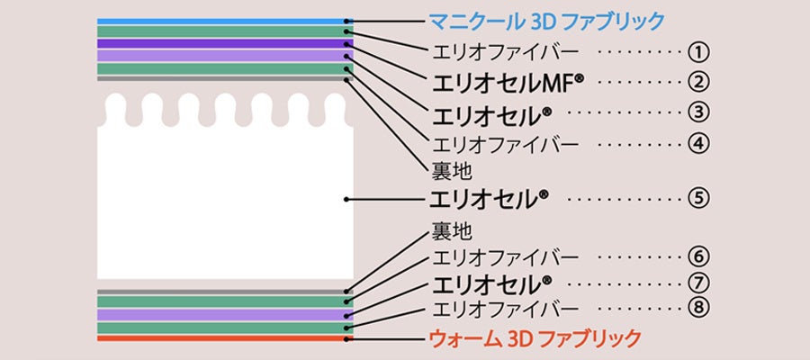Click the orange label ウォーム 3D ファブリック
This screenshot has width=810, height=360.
[x=536, y=338]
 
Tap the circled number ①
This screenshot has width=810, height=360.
[x=698, y=51]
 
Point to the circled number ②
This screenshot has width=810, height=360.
[x=698, y=82]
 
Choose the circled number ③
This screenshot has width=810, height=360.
[x=698, y=113]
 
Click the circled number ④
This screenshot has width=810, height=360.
[x=698, y=143]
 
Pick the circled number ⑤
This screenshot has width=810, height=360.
[x=698, y=198]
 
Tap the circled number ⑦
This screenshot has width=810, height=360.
[x=698, y=283]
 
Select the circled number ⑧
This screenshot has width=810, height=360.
[x=698, y=309]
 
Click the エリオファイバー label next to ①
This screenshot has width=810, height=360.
[x=506, y=51]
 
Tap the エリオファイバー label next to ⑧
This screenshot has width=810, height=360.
[x=506, y=309]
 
